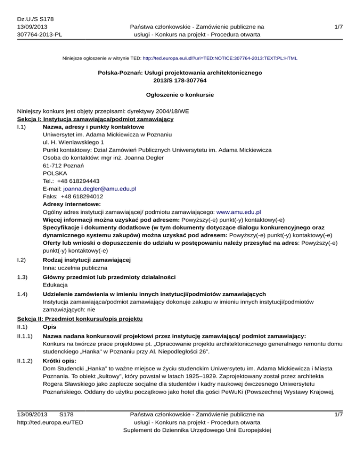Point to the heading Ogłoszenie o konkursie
point(180,95)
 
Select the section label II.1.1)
point(25,336)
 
